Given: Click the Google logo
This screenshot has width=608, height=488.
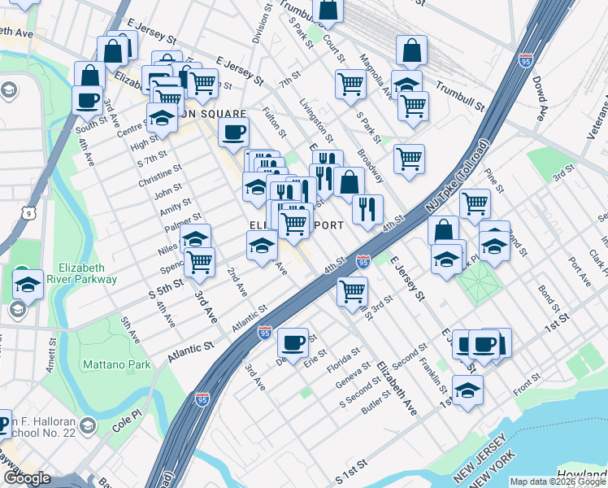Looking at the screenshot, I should click(x=28, y=478).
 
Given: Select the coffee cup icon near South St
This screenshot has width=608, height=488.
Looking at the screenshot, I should click(x=87, y=101).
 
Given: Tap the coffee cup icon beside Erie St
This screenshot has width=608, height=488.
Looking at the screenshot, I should click(x=293, y=342).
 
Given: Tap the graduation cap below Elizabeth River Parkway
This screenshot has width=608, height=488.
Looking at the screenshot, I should click(x=28, y=285).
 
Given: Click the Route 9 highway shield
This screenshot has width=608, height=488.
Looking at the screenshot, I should click(x=29, y=212).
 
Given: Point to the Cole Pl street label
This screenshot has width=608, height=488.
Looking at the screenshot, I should click(x=126, y=420).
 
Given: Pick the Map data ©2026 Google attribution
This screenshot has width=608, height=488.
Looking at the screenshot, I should click(x=557, y=481).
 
